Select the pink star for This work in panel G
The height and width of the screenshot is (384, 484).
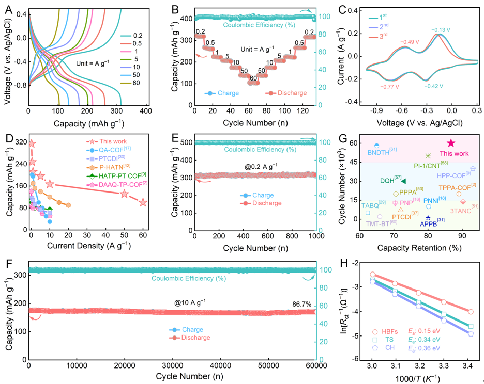click(x=451, y=143)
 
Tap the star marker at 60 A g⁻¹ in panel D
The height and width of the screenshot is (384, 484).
click(x=143, y=202)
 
